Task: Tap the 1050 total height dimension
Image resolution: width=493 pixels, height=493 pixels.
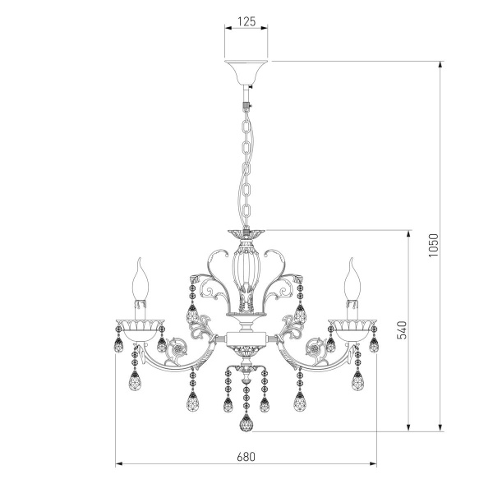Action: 434,244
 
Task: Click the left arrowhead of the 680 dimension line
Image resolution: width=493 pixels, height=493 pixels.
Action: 117,465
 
